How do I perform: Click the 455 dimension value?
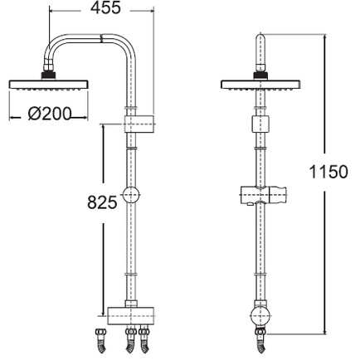coord(106,7)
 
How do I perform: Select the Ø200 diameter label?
coord(50,114)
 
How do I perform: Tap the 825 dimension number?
coord(103,202)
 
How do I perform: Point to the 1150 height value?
coord(328,172)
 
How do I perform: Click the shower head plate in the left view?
coord(49,85)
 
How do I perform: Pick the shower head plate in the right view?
coord(260,85)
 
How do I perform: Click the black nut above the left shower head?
coord(49,75)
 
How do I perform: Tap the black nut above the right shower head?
coord(260,75)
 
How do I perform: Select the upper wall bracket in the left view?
coord(139,124)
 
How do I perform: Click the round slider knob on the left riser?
coord(131,195)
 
